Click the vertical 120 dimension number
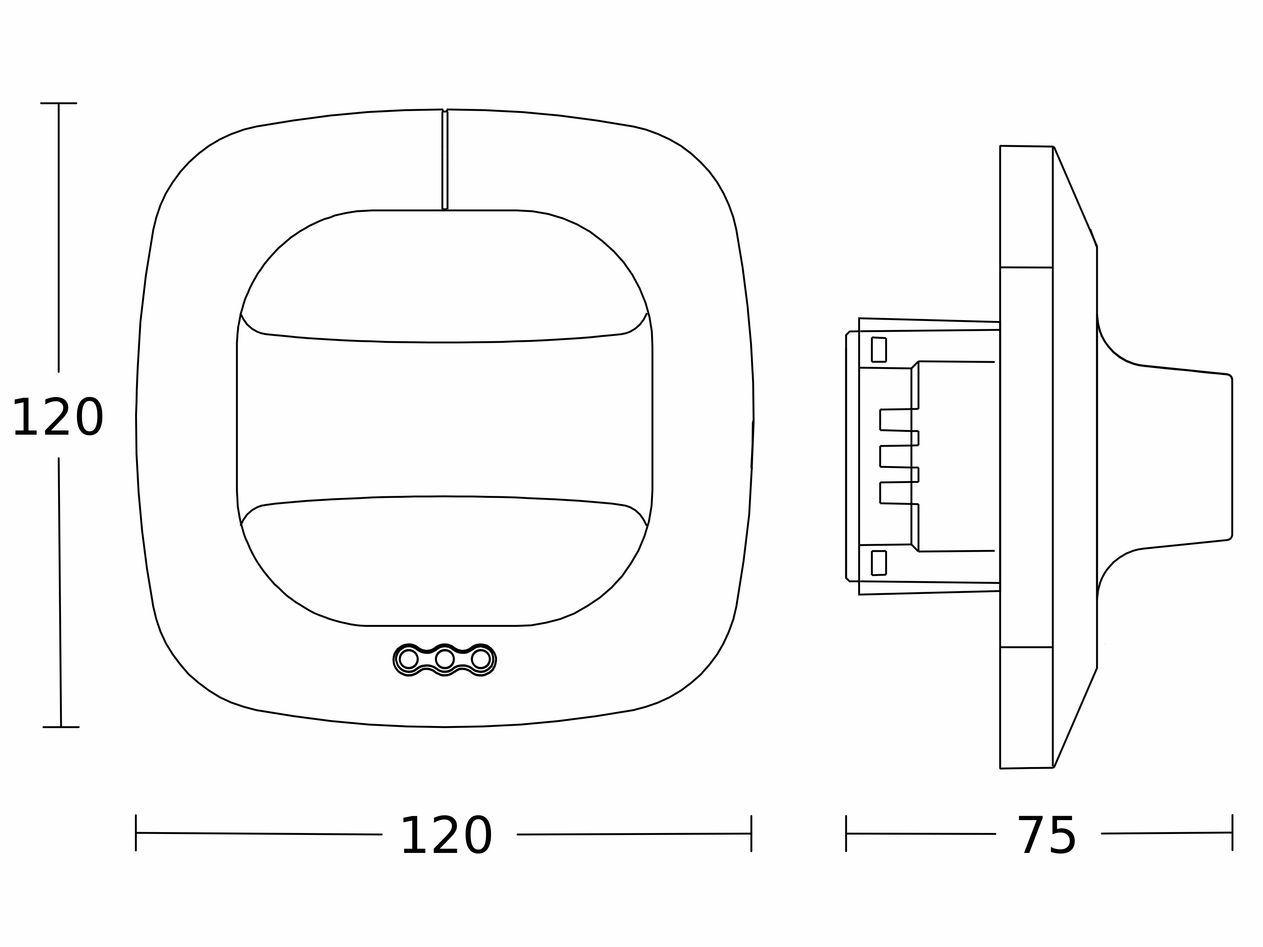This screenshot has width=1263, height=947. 58,418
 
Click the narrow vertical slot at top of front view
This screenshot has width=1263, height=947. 445,159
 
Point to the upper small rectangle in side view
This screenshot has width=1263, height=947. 879,350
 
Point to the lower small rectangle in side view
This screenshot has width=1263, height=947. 879,563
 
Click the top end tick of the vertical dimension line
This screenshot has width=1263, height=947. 59,103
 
